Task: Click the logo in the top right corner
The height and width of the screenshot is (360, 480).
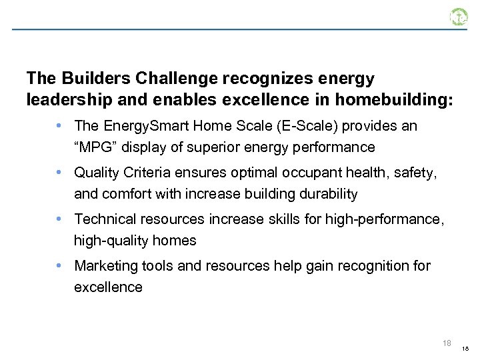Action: coord(459,17)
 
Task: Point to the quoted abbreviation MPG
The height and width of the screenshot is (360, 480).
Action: coord(95,147)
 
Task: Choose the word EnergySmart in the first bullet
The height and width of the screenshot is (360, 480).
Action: coord(139,126)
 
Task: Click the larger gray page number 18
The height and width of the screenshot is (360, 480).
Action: coord(447,343)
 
